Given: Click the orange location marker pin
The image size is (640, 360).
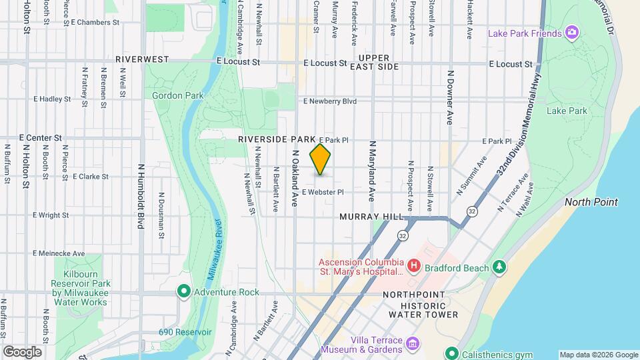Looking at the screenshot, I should pos(321,159).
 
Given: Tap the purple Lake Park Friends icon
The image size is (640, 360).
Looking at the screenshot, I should pos(571,32).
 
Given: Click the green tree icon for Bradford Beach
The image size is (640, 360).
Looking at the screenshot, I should pos(498,267).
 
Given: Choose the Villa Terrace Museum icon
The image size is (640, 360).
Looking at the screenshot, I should pos(413,343).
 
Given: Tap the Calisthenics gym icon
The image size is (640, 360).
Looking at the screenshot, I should pos(451,353).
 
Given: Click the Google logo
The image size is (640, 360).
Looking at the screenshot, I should pos(22,351).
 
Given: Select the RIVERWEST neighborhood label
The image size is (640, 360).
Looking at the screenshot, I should pos(142,59).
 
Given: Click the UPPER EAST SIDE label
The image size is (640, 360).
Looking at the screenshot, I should pos(378,62).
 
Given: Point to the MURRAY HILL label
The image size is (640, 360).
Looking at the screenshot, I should pos(371,217).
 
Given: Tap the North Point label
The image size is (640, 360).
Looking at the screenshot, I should pos(591,202).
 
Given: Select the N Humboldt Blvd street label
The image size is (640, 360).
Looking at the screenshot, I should pos(141,197).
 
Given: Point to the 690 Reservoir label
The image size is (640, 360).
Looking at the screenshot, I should pos(185,332).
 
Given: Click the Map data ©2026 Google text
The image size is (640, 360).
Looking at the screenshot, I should pos(599,355).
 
